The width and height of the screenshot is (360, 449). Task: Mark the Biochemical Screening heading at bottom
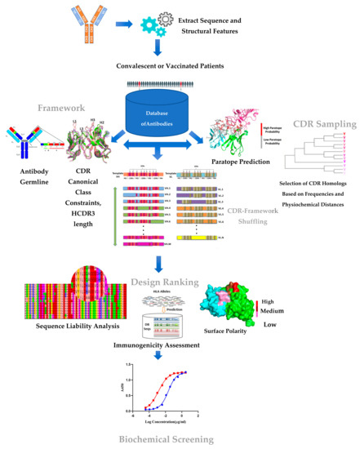[x=179, y=440]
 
